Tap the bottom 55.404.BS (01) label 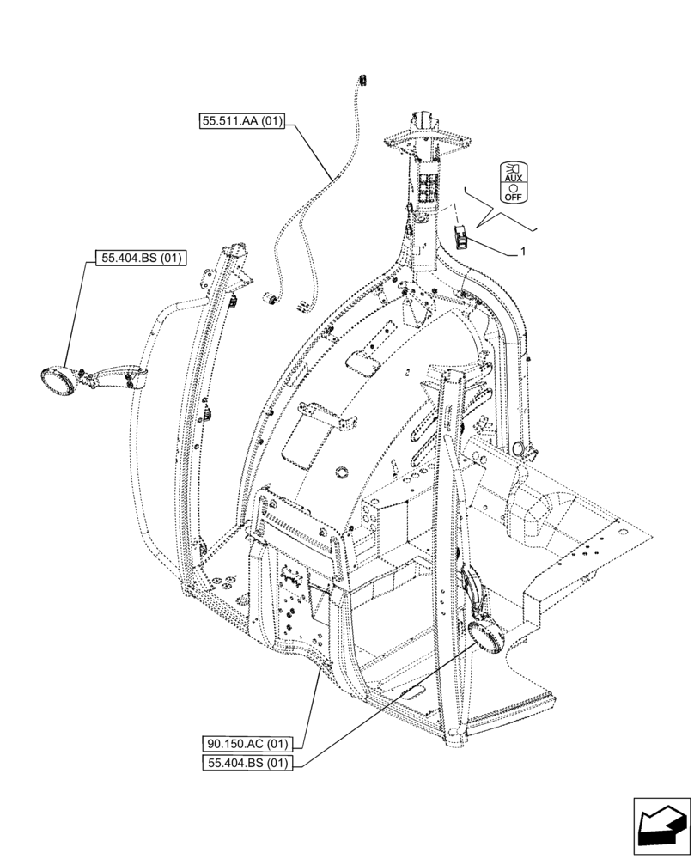coord(248,763)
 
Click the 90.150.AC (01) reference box coord(248,744)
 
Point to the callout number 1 coord(522,253)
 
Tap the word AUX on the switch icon coord(514,178)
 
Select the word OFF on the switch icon coord(514,196)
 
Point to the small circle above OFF coord(514,186)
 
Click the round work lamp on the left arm coord(58,381)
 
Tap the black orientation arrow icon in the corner coord(661,826)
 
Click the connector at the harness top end coord(362,80)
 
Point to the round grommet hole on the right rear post coord(517,448)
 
